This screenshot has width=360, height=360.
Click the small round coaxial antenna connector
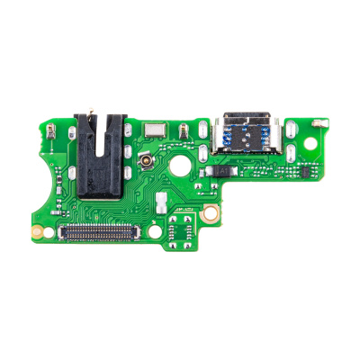143,165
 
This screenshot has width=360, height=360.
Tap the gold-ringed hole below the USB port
210,213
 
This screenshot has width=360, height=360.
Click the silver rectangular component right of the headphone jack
158,130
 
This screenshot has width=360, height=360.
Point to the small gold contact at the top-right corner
319,119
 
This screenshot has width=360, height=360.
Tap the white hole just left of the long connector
49,229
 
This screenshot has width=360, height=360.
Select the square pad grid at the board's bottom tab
181,232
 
